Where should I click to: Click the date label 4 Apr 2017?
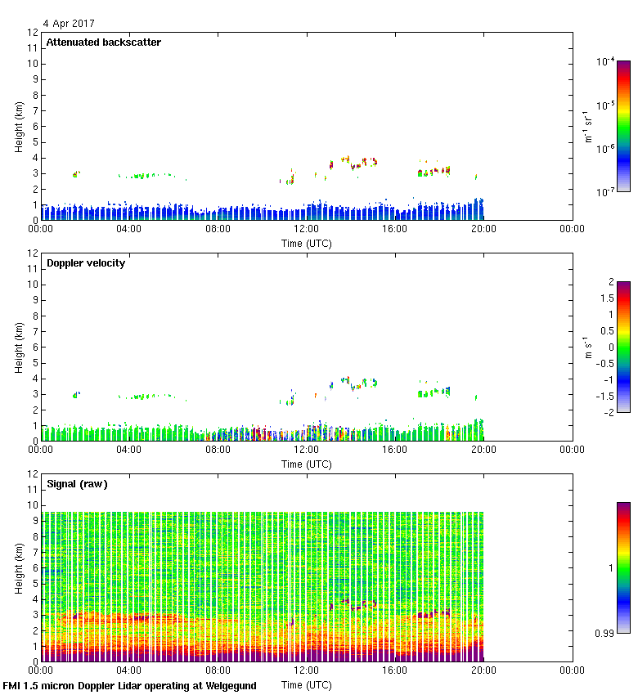pyautogui.click(x=69, y=24)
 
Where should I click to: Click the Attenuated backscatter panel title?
pyautogui.click(x=103, y=43)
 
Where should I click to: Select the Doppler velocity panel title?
pyautogui.click(x=86, y=263)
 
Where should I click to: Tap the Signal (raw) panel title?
pyautogui.click(x=77, y=484)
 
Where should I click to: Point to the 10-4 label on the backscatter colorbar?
pyautogui.click(x=605, y=61)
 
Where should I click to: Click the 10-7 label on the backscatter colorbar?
pyautogui.click(x=605, y=192)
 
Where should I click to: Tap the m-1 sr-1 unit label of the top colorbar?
pyautogui.click(x=587, y=126)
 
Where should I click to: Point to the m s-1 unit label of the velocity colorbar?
pyautogui.click(x=587, y=347)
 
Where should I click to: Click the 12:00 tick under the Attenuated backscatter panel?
pyautogui.click(x=306, y=229)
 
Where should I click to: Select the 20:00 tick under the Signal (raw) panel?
pyautogui.click(x=483, y=670)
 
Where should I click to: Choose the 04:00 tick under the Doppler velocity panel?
pyautogui.click(x=129, y=450)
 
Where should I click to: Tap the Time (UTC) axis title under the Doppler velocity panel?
pyautogui.click(x=306, y=464)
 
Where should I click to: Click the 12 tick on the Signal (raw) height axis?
pyautogui.click(x=34, y=473)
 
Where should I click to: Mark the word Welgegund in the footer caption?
pyautogui.click(x=229, y=685)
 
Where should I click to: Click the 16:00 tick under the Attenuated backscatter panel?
pyautogui.click(x=394, y=229)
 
